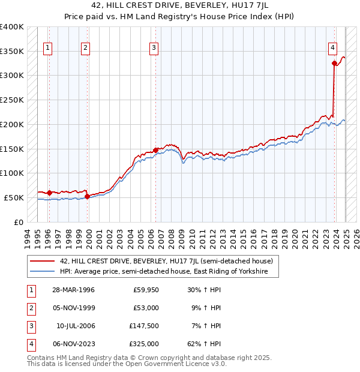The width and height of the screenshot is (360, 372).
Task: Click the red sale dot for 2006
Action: click(x=155, y=149)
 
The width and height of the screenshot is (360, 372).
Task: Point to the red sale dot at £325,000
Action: click(x=334, y=62)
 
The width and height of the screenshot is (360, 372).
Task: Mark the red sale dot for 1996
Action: click(x=49, y=193)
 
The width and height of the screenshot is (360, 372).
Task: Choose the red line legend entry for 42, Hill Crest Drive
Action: click(x=166, y=261)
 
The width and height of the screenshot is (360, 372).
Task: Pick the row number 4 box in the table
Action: click(x=29, y=344)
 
